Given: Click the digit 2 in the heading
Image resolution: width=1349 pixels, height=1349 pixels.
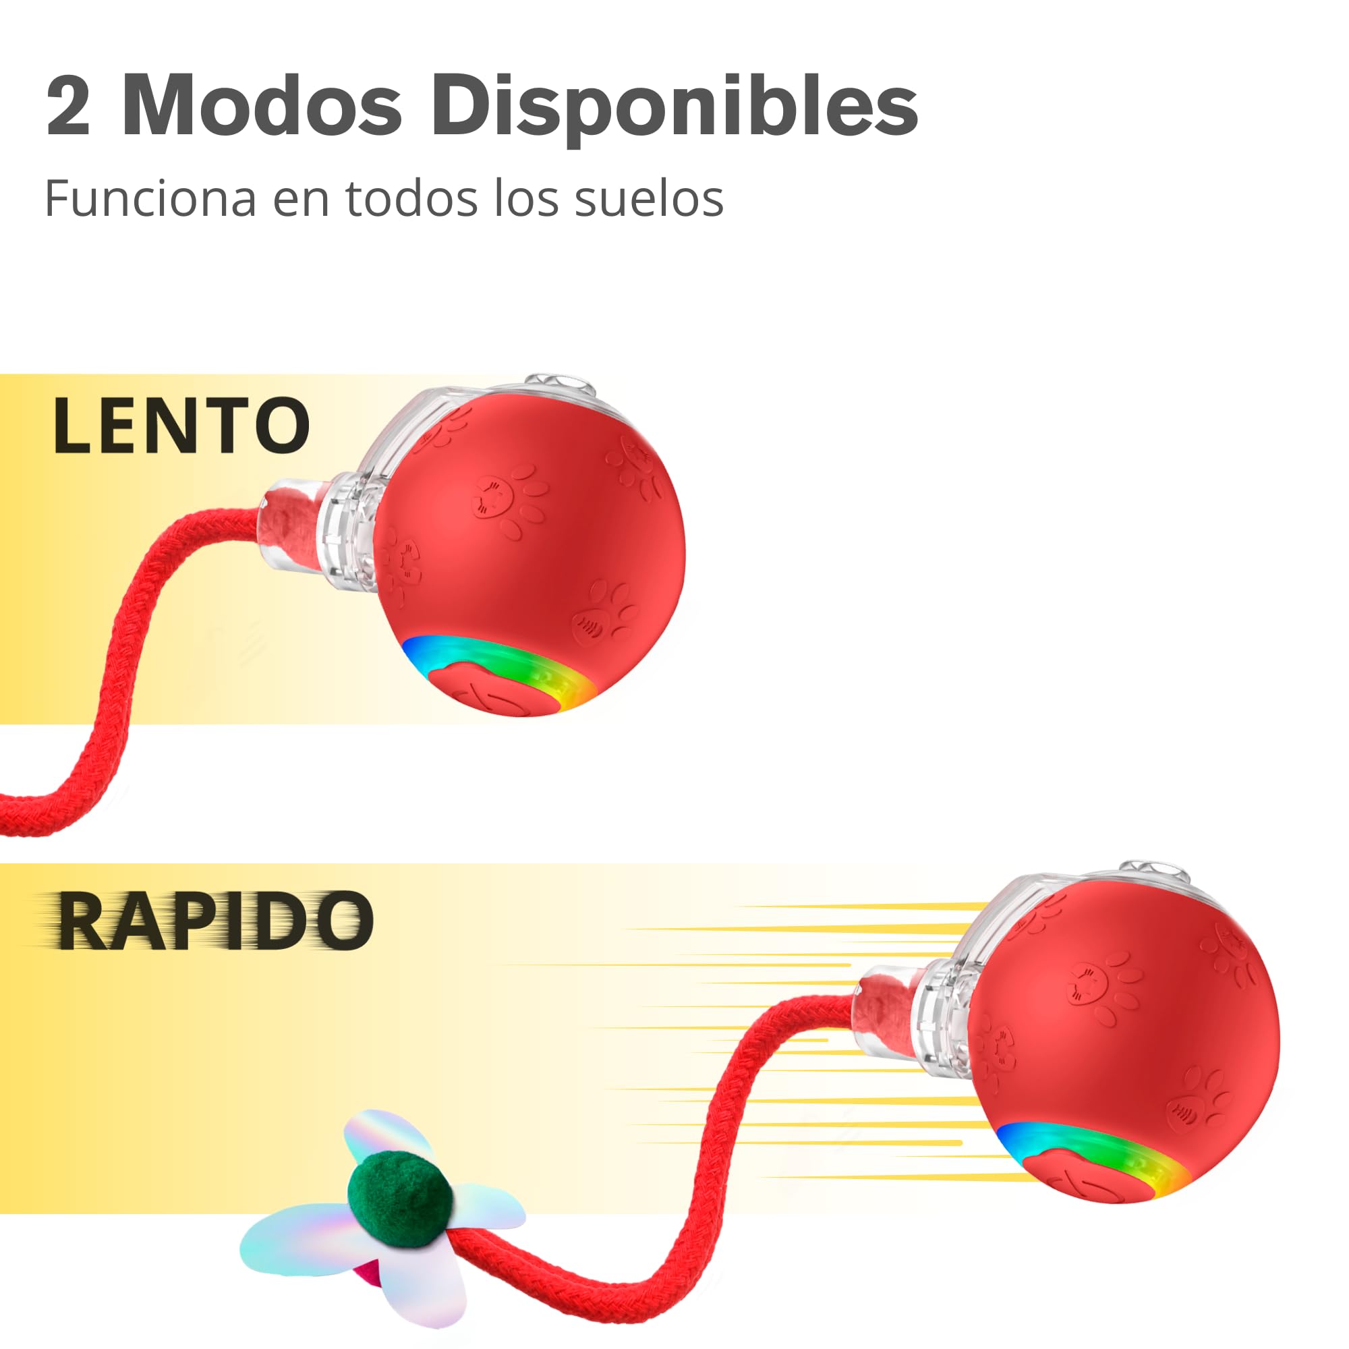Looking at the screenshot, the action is point(68,105).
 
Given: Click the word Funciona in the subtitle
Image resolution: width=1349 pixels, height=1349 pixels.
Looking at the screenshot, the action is point(151,199).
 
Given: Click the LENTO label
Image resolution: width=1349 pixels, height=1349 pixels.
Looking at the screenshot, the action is point(181,425).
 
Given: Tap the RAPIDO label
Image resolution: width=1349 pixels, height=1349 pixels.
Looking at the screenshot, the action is point(214,920).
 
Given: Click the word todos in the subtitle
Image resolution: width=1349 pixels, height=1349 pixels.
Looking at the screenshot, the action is point(412,198).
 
